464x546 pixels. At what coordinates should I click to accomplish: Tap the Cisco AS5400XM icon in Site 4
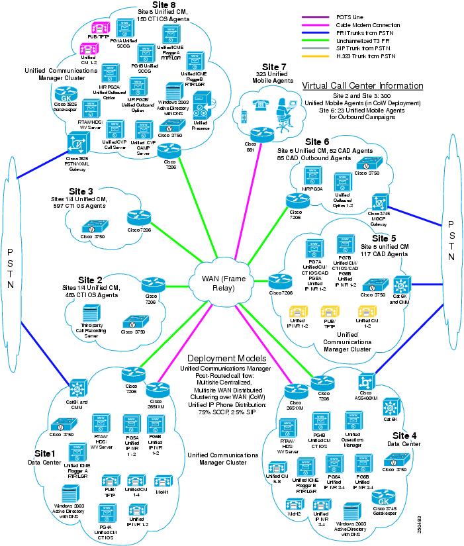(363, 383)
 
